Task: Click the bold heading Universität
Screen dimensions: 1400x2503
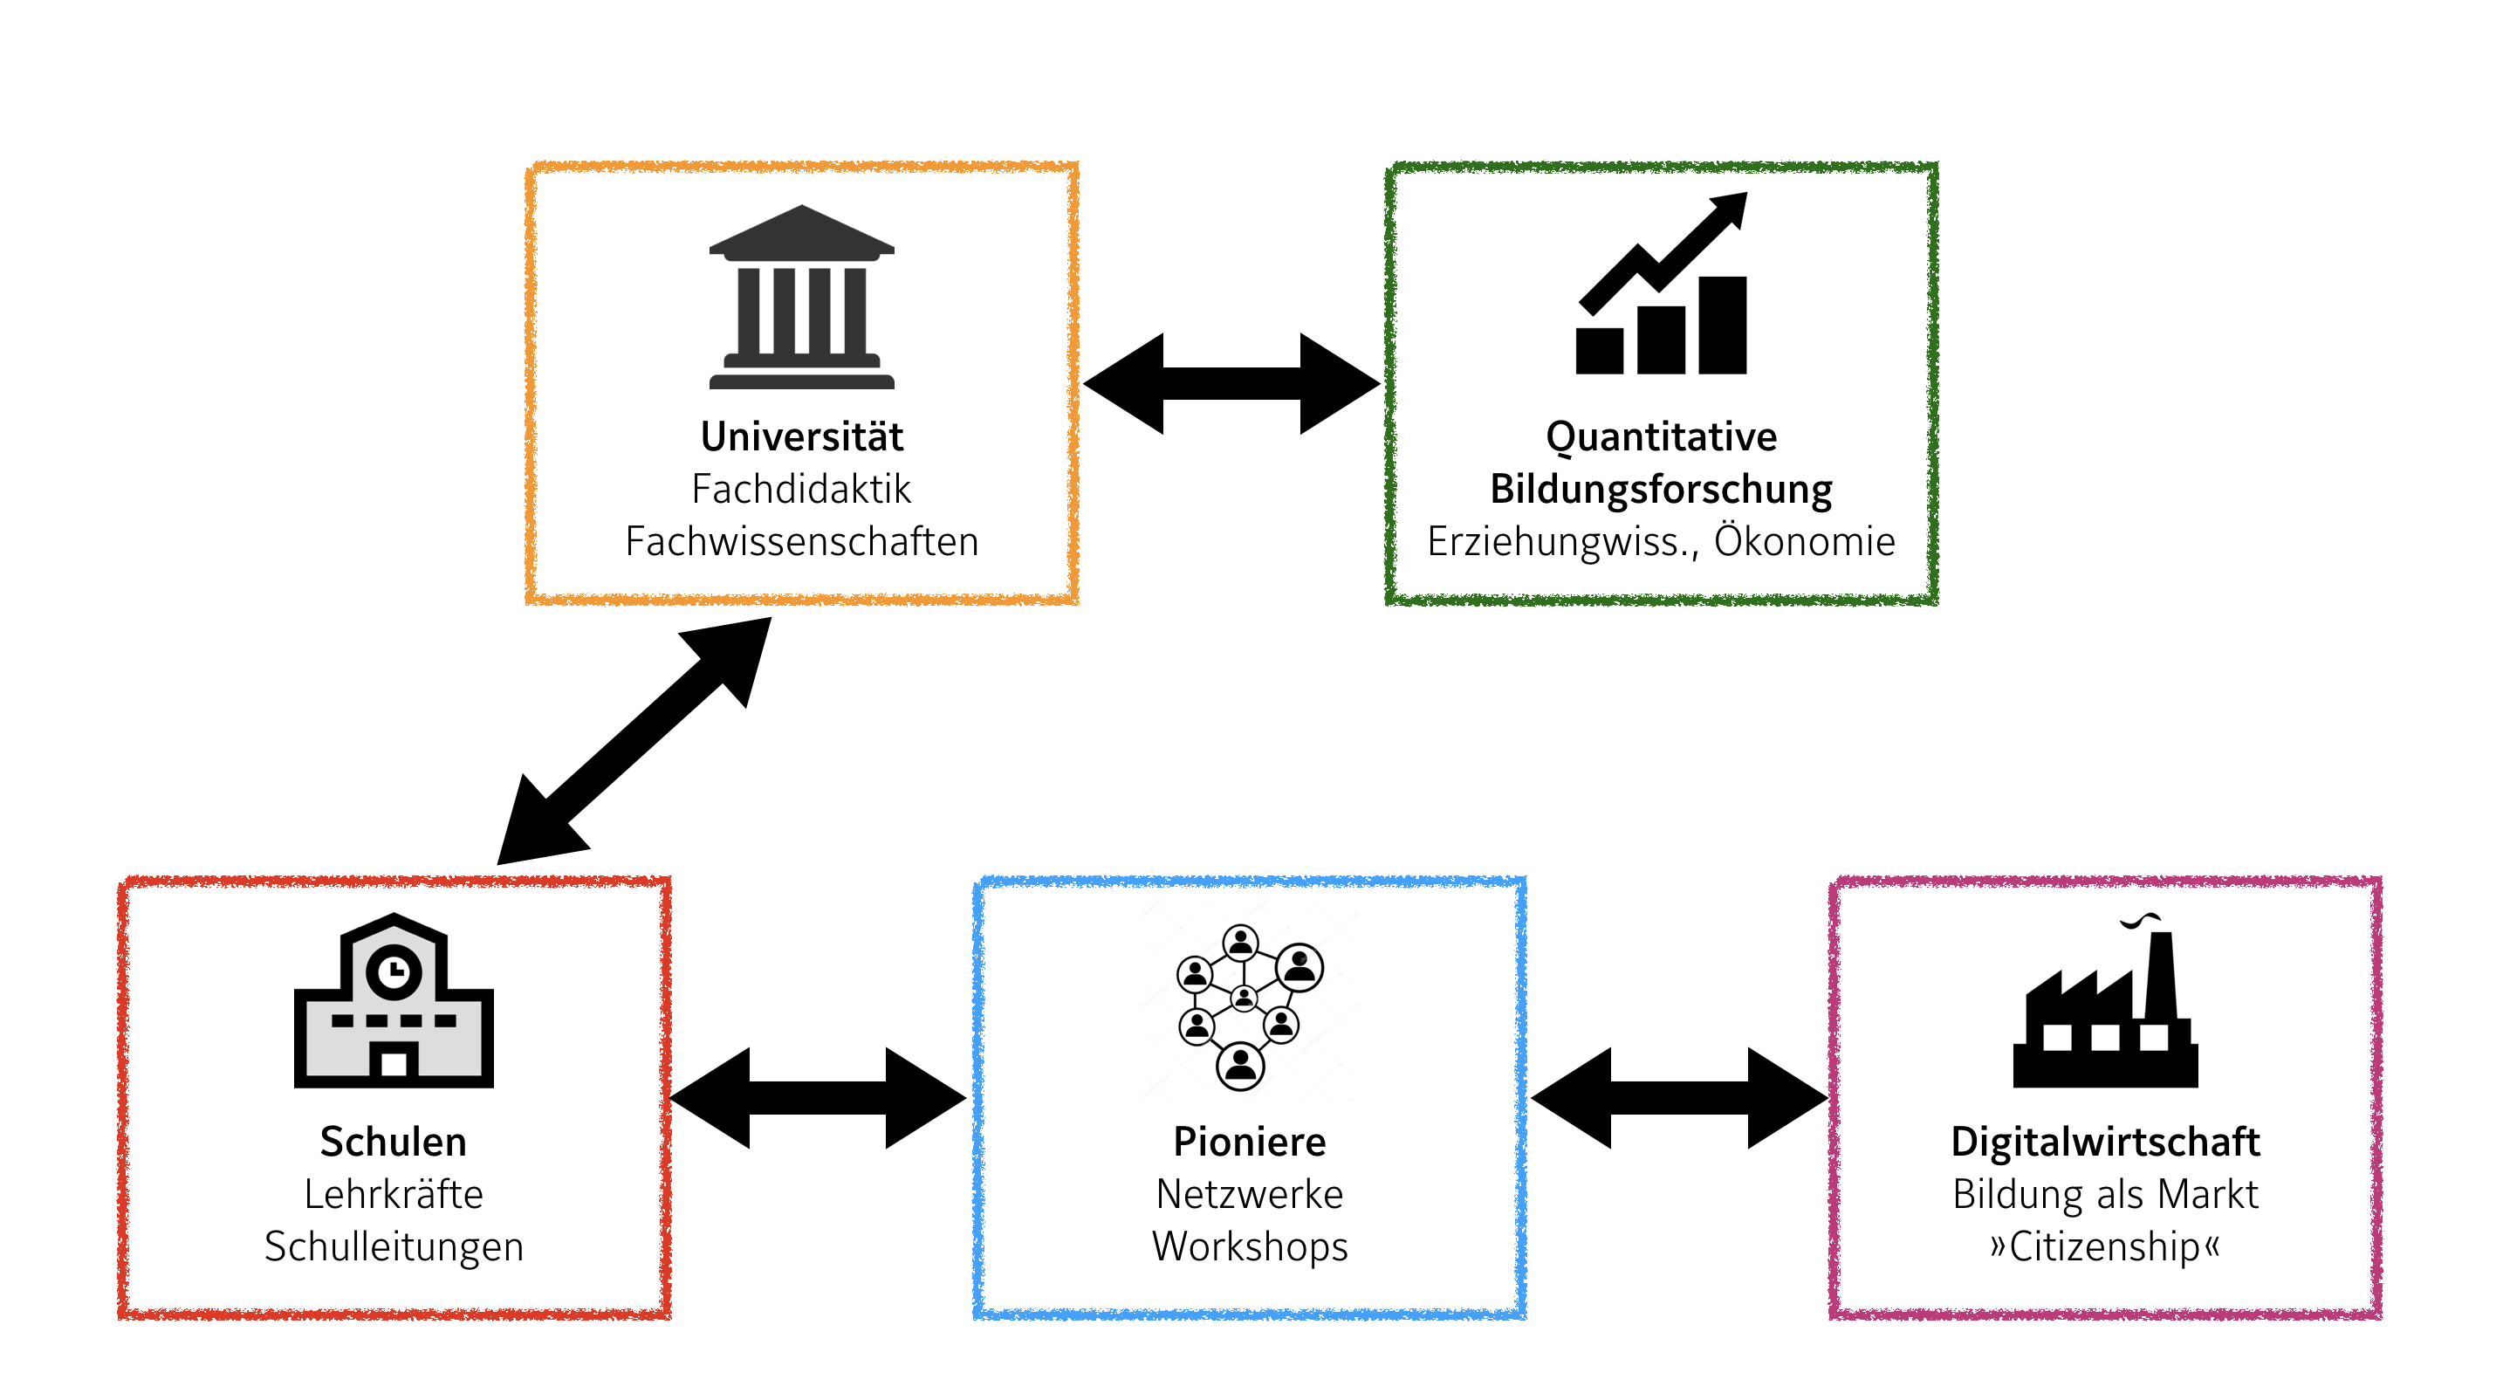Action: click(802, 437)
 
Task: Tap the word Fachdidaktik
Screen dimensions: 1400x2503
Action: click(802, 490)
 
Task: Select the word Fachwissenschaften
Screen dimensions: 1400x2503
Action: click(802, 542)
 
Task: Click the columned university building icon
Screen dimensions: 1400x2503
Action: click(802, 298)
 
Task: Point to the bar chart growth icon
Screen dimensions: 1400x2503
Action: click(1662, 292)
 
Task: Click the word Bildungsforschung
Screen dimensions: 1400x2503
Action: click(1662, 490)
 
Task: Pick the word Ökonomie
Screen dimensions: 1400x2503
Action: click(1804, 541)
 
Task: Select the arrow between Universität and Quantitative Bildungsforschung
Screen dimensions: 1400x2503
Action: click(1231, 384)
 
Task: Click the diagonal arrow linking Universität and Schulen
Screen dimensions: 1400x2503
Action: click(634, 740)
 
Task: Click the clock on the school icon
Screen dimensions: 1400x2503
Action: click(394, 971)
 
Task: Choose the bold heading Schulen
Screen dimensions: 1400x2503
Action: click(394, 1143)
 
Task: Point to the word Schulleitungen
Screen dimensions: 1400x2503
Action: click(394, 1247)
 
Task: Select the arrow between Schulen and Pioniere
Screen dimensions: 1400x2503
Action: click(818, 1098)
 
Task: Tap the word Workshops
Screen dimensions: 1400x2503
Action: click(1250, 1247)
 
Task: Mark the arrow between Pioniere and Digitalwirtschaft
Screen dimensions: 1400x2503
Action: click(1679, 1098)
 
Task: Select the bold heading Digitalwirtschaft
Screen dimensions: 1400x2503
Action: click(2106, 1143)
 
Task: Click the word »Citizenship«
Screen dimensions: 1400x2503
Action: click(2106, 1247)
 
